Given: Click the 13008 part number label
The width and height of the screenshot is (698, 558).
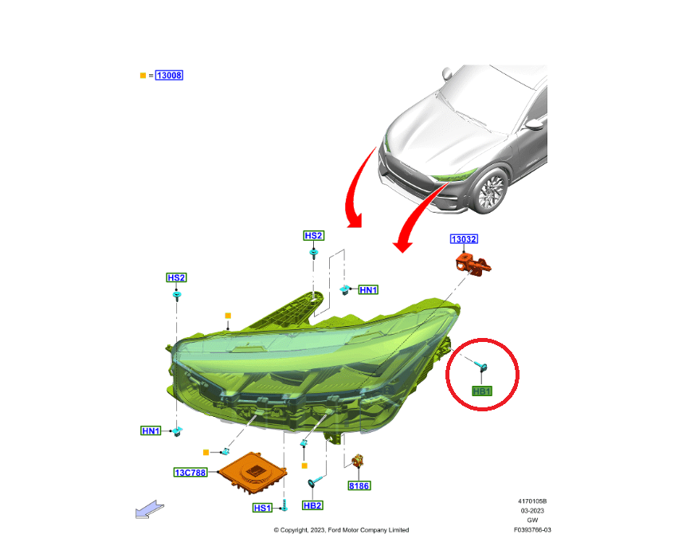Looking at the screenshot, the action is pyautogui.click(x=169, y=75).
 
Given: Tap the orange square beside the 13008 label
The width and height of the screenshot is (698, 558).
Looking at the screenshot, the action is pyautogui.click(x=143, y=76).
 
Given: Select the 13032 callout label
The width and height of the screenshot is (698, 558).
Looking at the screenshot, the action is pyautogui.click(x=464, y=239).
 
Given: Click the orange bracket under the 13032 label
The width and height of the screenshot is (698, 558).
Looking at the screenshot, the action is pyautogui.click(x=473, y=264).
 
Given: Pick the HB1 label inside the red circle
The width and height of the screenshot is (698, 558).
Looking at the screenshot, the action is pyautogui.click(x=481, y=391).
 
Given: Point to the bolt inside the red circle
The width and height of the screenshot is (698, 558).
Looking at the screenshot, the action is pyautogui.click(x=480, y=366).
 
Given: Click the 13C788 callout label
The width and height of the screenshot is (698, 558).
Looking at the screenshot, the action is pyautogui.click(x=190, y=472).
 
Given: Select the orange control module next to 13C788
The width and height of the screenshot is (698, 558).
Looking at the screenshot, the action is pyautogui.click(x=253, y=473).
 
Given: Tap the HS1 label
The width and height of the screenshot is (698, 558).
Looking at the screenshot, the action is pyautogui.click(x=262, y=508).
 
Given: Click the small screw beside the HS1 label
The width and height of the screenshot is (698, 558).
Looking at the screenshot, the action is pyautogui.click(x=284, y=505).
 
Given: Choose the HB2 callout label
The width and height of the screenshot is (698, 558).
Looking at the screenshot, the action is pyautogui.click(x=312, y=505).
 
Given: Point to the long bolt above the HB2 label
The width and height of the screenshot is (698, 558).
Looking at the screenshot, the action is pyautogui.click(x=317, y=480).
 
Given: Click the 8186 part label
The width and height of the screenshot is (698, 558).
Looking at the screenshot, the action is pyautogui.click(x=359, y=485).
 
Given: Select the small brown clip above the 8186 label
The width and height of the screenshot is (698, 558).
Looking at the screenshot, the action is pyautogui.click(x=358, y=461).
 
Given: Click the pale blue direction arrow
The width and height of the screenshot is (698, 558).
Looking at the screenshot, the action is pyautogui.click(x=150, y=509).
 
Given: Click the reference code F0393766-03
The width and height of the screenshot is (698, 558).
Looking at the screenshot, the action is pyautogui.click(x=532, y=530).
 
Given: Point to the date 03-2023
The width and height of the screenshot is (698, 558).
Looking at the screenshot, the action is pyautogui.click(x=532, y=511).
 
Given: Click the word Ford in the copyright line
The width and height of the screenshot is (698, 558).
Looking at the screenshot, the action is pyautogui.click(x=335, y=530).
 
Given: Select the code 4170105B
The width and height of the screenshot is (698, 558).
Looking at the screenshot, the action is pyautogui.click(x=532, y=501).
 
